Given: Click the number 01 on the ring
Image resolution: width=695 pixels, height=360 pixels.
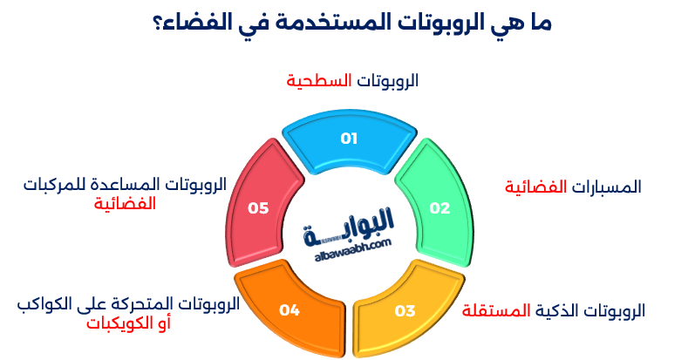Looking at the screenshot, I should [349, 138].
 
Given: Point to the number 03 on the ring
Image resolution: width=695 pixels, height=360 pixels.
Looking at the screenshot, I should [405, 309].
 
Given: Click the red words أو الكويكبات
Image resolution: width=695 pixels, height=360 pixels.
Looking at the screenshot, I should [127, 323].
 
